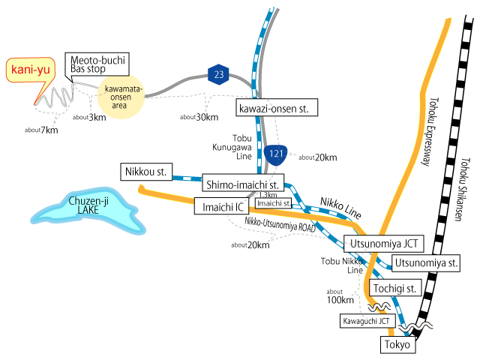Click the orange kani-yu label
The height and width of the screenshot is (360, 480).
29,71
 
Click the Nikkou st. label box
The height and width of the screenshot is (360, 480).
146,172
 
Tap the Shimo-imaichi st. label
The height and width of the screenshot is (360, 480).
243,184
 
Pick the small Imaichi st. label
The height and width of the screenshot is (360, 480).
273,202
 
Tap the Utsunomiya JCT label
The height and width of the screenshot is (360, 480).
382,244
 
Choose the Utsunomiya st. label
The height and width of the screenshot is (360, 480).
424,263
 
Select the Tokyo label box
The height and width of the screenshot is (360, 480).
397,345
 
